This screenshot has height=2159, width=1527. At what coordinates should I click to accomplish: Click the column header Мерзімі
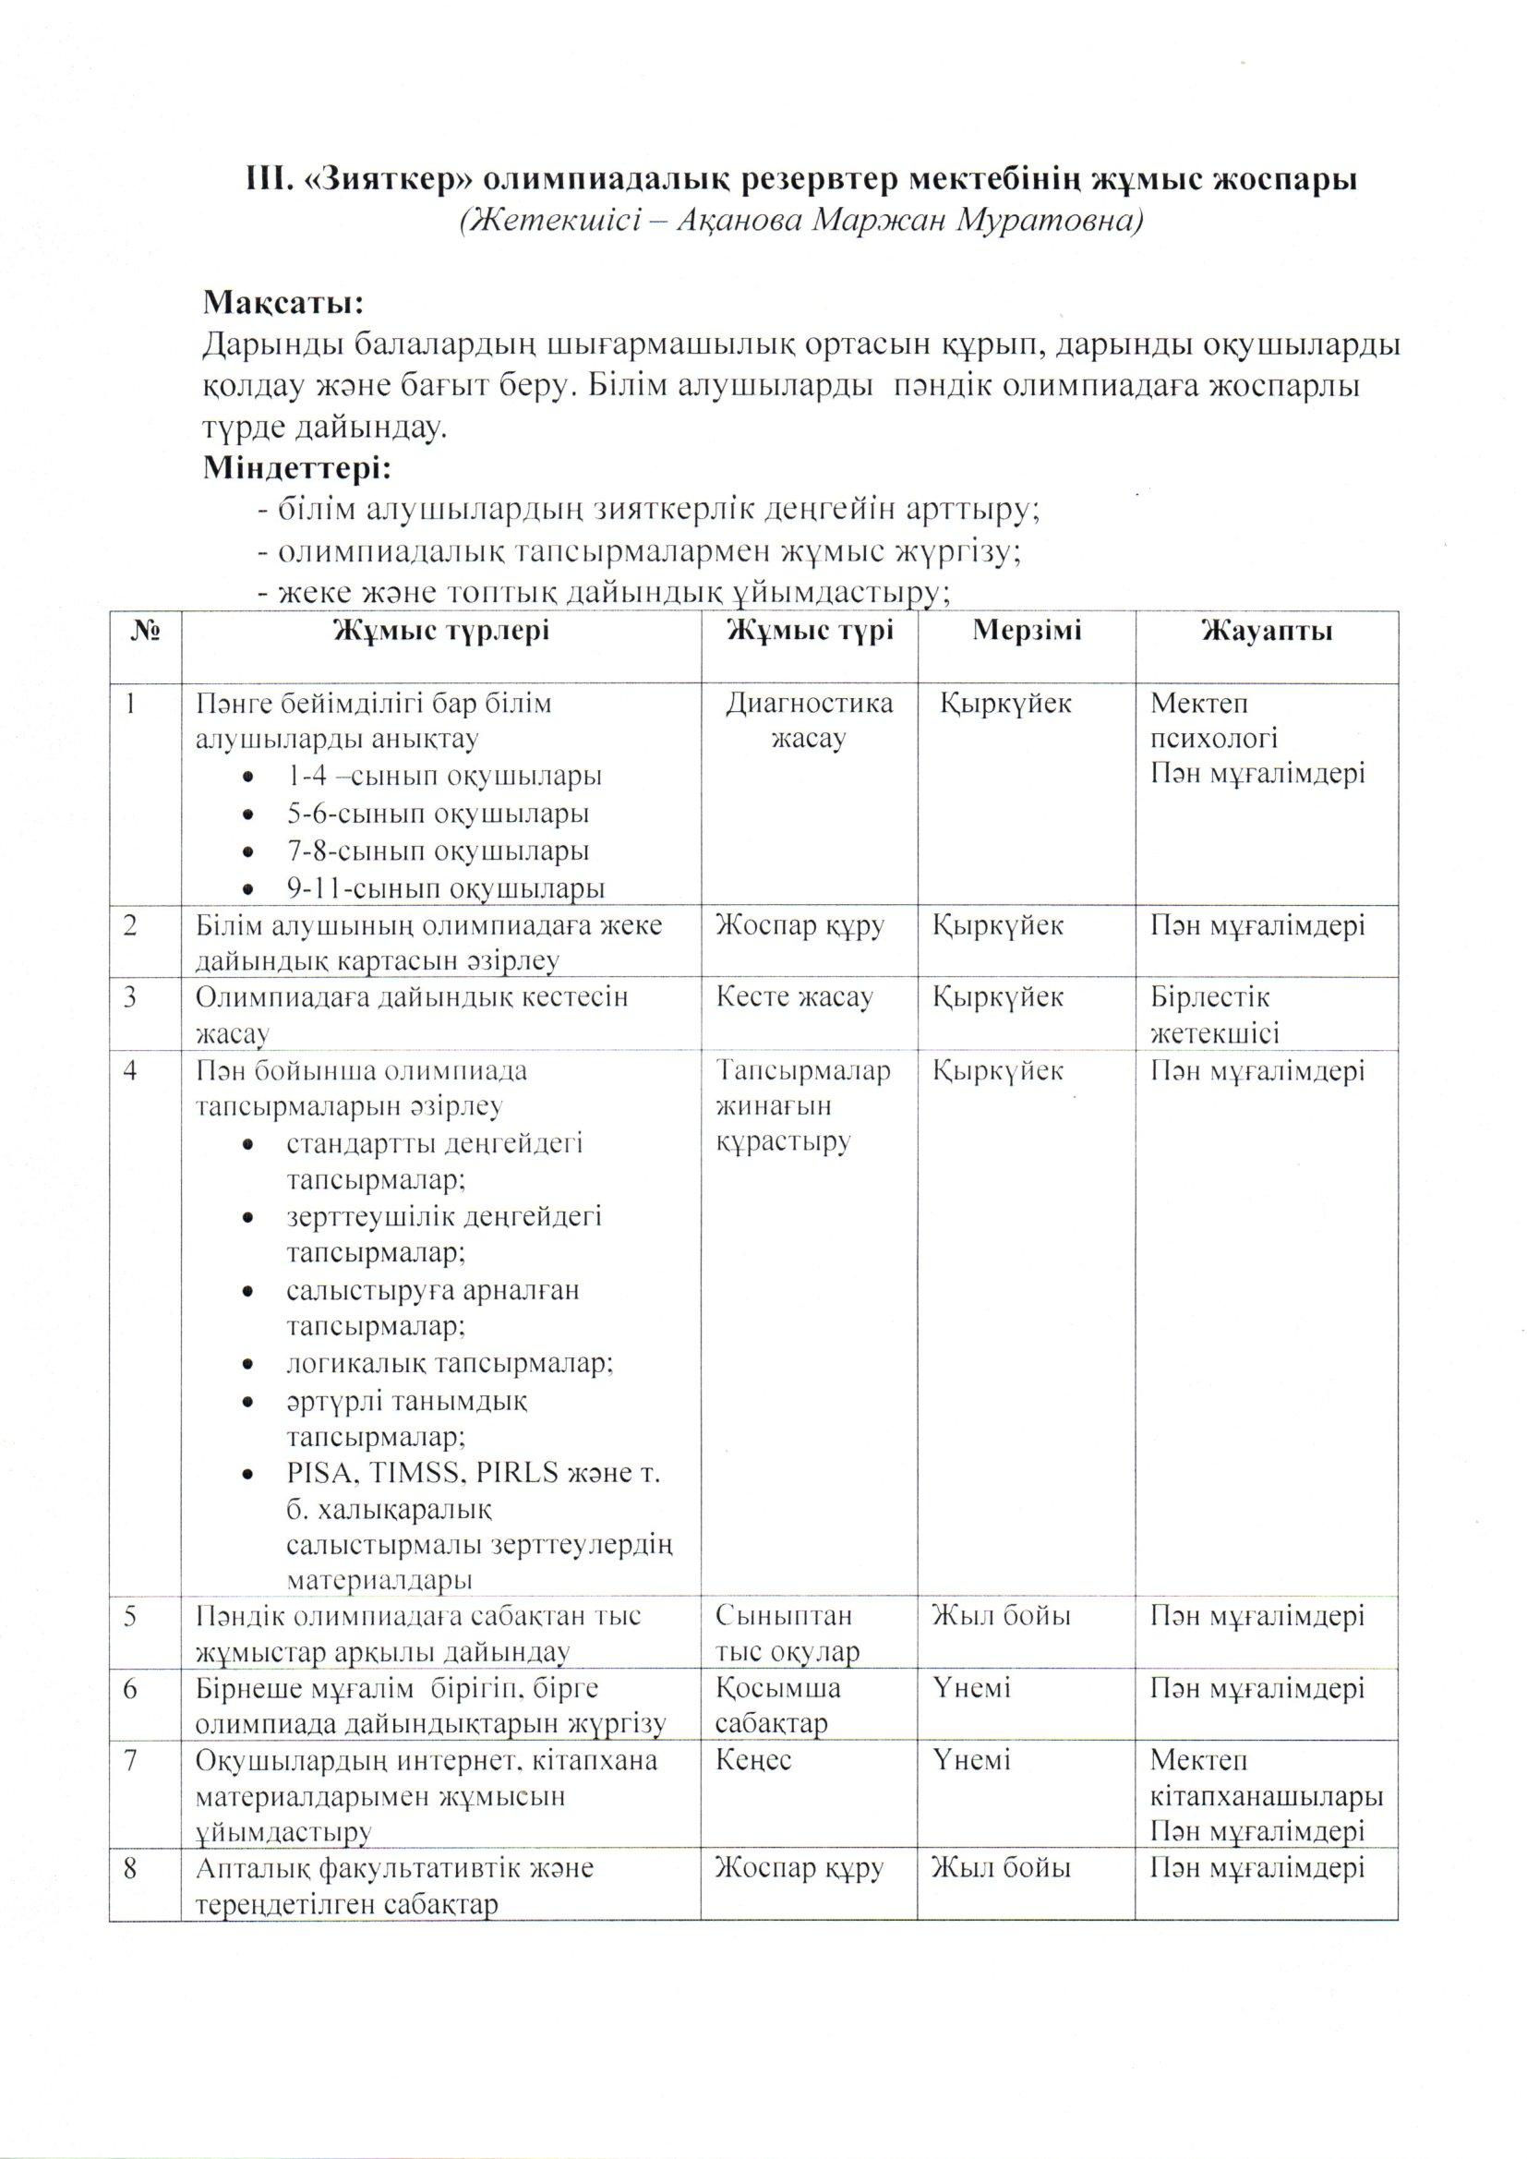(1027, 631)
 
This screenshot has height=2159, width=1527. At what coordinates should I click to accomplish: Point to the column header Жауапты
(1266, 631)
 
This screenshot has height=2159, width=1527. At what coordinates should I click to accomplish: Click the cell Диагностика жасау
(809, 720)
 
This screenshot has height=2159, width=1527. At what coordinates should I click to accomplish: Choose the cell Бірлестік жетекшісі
(1213, 1016)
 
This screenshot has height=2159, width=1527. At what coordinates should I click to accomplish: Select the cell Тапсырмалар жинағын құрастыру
(803, 1106)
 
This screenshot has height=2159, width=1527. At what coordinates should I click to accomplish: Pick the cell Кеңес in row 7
(753, 1759)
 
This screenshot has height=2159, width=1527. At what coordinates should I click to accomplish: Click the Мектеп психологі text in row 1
(1213, 720)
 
